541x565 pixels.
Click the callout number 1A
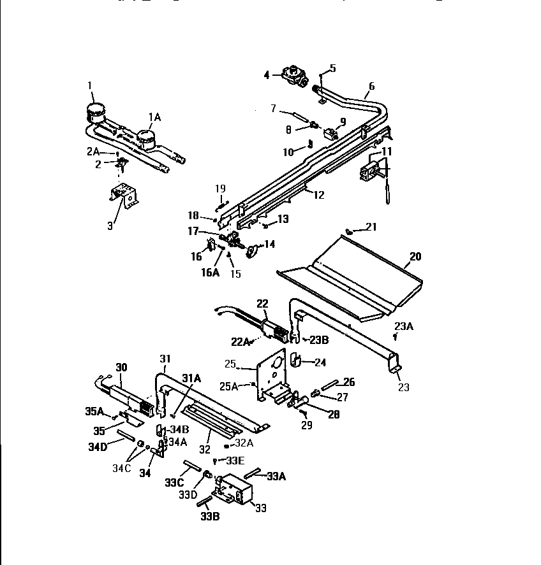point(154,117)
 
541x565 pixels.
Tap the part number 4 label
point(267,75)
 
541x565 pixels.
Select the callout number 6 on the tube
point(371,86)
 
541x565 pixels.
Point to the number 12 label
point(318,195)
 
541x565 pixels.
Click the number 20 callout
point(415,257)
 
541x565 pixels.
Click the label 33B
point(211,517)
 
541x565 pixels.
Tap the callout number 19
point(220,188)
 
